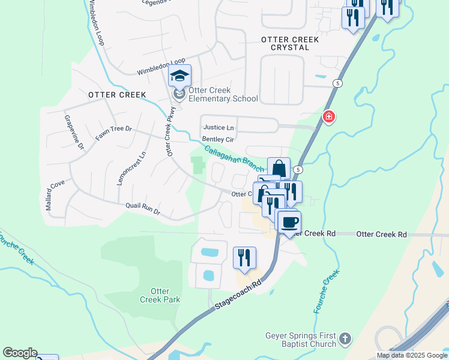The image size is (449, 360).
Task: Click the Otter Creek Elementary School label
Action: point(223,95)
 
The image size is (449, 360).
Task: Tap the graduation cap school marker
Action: point(179,76)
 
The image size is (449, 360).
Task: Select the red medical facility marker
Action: point(328,117)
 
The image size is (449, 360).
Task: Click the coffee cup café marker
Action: point(289,222)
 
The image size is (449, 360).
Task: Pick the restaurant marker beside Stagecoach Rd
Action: point(244,258)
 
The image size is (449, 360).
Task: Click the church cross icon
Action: point(345,340)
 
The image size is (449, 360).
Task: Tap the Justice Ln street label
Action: point(218,128)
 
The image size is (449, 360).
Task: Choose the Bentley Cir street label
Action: point(217,139)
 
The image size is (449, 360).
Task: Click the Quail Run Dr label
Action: point(143,208)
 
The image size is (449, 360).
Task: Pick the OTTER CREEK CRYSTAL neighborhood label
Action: point(290,43)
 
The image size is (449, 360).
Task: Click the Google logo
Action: point(20,353)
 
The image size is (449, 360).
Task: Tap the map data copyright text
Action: point(412,355)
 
